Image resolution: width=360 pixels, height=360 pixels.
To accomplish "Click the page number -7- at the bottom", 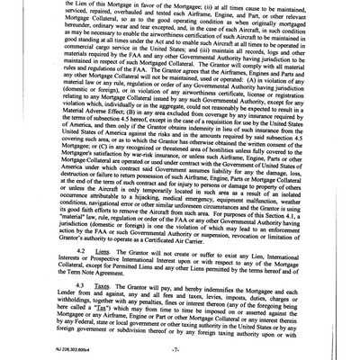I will coord(180,346).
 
